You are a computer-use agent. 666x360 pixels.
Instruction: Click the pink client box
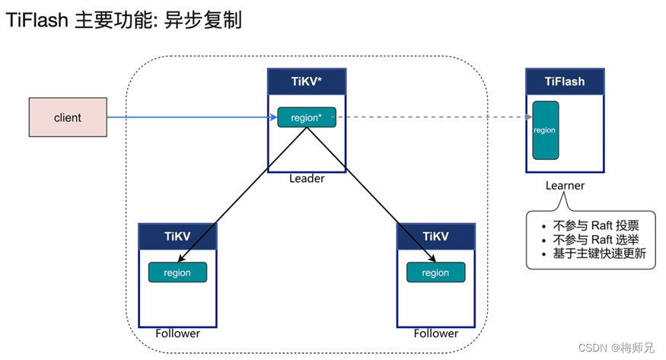pos(67,118)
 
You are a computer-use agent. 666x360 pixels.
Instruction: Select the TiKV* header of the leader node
pos(306,81)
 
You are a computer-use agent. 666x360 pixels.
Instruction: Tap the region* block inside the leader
pos(306,117)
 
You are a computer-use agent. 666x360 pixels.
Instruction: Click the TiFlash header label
pos(565,81)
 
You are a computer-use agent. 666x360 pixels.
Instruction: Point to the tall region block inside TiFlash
pos(545,130)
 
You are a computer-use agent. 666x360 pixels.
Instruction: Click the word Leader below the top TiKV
pos(307,179)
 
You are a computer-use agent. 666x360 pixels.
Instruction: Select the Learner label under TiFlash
pos(565,186)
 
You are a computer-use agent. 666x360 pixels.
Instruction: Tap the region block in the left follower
pos(177,272)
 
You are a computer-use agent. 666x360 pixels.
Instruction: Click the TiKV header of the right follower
pos(435,236)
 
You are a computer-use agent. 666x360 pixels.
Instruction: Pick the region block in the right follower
pos(435,272)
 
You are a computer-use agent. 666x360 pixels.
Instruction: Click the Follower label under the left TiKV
pos(177,333)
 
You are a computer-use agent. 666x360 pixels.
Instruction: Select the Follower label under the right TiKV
pos(436,333)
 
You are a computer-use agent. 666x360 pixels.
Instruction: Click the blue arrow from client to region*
pos(190,117)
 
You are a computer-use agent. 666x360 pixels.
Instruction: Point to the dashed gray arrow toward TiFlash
pos(434,117)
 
